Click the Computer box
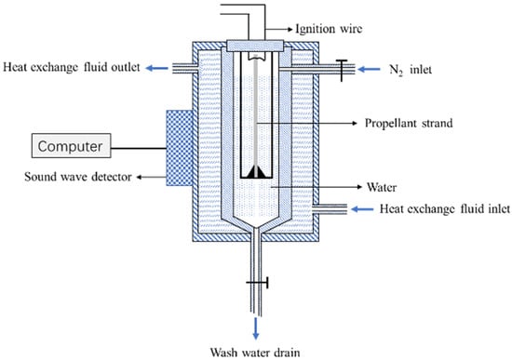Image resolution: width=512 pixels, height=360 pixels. coord(71,145)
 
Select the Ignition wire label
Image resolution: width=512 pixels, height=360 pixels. coord(329,29)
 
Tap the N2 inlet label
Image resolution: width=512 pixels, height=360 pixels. coord(411,70)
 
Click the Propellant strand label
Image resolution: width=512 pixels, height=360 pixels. coord(409,123)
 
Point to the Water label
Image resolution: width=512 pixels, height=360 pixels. coord(382,187)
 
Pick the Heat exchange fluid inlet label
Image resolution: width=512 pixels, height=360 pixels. coord(444,209)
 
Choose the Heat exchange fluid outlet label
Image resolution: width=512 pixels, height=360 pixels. coord(72,67)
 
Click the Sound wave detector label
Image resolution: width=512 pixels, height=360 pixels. coord(78,177)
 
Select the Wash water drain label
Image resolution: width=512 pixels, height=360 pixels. coord(255,353)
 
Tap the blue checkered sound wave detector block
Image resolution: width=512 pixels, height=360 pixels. coord(180,148)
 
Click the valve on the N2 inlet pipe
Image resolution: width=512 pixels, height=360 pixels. coord(342,70)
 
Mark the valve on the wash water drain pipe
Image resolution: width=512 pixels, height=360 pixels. coord(258,283)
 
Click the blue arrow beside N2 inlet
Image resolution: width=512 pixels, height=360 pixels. coord(369,69)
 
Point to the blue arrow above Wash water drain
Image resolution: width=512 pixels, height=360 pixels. coord(256,328)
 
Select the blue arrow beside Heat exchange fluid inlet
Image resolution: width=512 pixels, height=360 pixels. coord(362,209)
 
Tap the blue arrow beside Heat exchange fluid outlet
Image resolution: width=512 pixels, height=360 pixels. coord(156,68)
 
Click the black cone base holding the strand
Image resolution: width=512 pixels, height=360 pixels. coord(256,172)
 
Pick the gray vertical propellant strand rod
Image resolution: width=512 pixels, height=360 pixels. coord(256,112)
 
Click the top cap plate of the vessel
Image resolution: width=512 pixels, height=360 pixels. coord(255,46)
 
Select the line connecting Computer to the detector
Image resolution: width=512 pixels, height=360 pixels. coord(139,149)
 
